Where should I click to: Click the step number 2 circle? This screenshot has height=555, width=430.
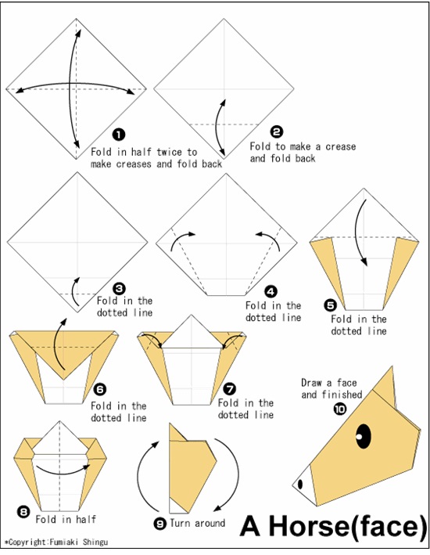tap(276, 132)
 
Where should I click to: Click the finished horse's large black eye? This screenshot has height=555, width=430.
tap(364, 433)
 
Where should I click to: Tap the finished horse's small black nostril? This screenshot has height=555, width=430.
tap(299, 484)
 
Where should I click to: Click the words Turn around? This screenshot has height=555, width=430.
tap(199, 523)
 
